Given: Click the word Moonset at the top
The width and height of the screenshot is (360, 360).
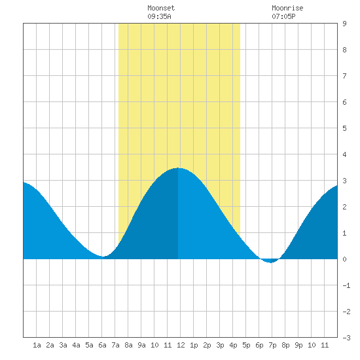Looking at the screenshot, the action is [x=161, y=8].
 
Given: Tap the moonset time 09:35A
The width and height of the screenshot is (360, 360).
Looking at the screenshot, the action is [x=159, y=16].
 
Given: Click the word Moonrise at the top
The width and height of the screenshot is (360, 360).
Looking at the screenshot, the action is [x=287, y=8].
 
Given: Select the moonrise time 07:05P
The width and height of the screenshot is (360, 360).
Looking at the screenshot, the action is [x=283, y=16].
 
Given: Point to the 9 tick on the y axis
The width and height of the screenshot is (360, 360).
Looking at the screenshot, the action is [x=344, y=24].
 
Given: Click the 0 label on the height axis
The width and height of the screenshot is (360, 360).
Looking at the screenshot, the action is [x=344, y=259].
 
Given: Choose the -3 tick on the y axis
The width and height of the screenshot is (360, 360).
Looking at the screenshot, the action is [x=346, y=338].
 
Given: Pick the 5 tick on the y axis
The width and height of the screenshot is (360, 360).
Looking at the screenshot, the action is [x=344, y=128].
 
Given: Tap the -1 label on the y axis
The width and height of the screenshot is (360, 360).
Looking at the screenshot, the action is [x=346, y=285].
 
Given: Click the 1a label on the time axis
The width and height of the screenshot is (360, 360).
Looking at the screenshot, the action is [x=37, y=345].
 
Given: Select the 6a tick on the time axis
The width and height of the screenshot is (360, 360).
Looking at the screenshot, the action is [x=102, y=345].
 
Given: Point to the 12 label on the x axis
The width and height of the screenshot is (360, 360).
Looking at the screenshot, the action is [x=181, y=345].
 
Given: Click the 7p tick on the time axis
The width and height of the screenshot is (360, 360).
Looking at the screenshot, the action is [x=272, y=345].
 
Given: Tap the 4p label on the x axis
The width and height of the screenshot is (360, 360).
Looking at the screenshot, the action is [x=233, y=345].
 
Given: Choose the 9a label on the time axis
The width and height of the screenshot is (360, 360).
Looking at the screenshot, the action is [x=141, y=345].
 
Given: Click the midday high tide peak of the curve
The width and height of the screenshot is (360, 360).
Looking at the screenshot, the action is [x=178, y=168].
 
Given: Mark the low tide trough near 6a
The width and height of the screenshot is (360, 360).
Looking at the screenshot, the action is [x=103, y=256].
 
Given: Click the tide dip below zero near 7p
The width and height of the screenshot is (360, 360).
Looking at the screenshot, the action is [x=271, y=262].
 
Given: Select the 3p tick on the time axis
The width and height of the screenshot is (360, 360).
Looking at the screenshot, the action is [x=220, y=345].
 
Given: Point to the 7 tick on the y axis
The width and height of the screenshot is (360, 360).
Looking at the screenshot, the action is [x=344, y=76].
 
